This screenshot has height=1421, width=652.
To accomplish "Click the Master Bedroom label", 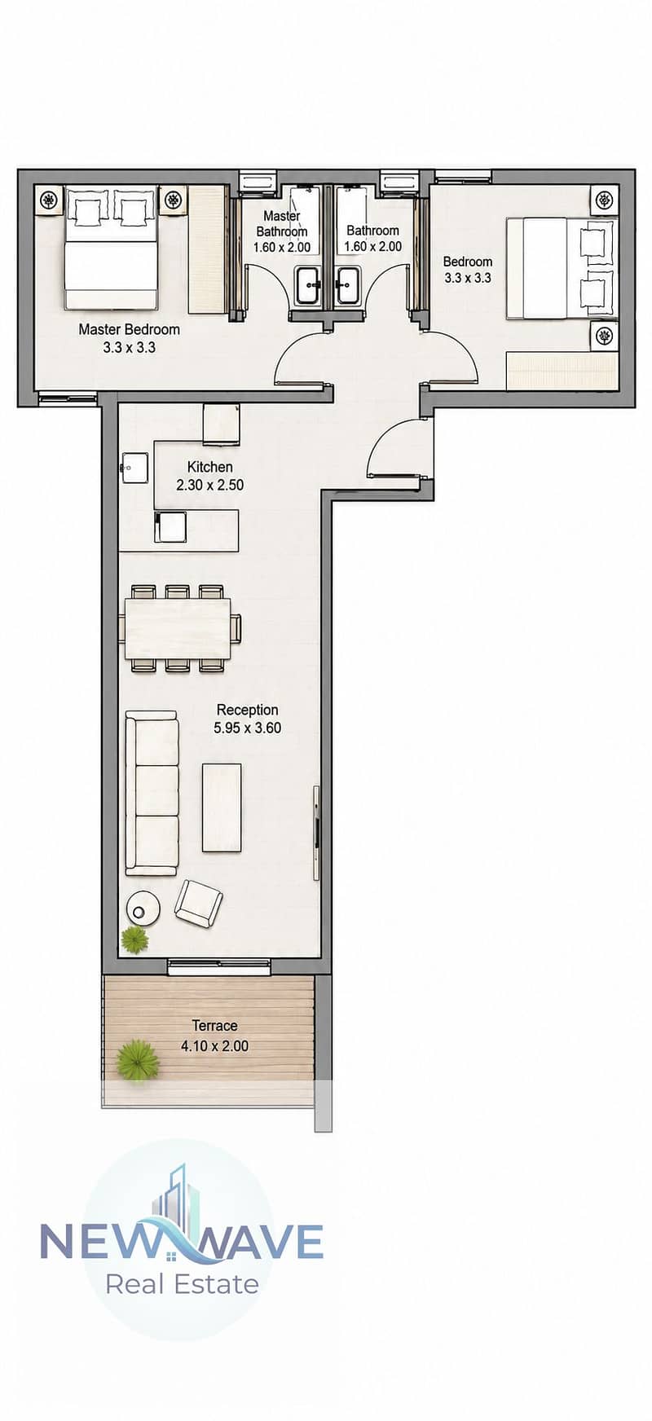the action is tap(129, 330).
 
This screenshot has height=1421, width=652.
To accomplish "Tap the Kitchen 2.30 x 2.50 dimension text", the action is tap(209, 485).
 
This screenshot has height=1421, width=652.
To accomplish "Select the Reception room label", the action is tap(247, 710).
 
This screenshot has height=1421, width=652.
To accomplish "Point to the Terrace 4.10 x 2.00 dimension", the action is tap(214, 1045).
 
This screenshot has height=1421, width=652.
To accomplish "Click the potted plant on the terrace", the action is tap(137, 1060).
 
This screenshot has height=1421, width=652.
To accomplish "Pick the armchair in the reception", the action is tap(198, 902).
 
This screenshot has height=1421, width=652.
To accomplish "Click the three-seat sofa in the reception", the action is tap(152, 793).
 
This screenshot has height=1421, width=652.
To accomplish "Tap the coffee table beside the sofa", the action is tap(222, 807).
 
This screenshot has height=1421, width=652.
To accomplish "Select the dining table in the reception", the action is tap(178, 628).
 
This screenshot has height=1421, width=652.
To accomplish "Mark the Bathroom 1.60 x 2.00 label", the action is tap(372, 238).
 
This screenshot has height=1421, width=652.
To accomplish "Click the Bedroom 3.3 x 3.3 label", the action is tap(468, 269).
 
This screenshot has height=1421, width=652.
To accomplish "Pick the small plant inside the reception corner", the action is tap(135, 939).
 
